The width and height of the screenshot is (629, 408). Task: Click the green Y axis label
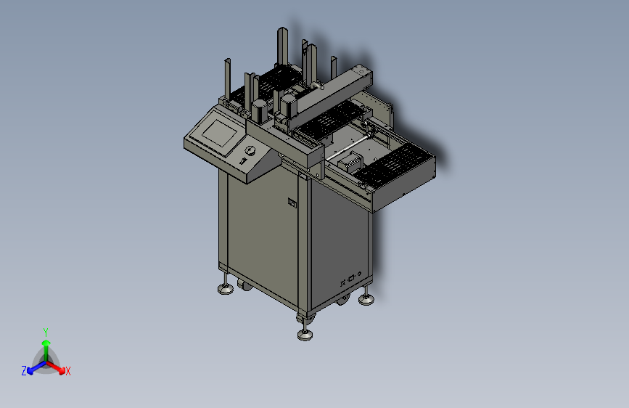(x=46, y=332)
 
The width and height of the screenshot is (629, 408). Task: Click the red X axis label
(x=67, y=371)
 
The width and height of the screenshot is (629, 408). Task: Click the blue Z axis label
(x=24, y=371)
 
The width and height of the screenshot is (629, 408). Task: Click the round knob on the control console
(x=250, y=150)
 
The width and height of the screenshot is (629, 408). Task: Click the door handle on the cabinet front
(x=292, y=203)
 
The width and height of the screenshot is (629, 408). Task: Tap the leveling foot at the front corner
(x=305, y=334)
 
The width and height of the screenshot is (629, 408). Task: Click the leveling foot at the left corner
(x=226, y=288)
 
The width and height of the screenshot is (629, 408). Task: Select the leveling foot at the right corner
(x=366, y=299)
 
